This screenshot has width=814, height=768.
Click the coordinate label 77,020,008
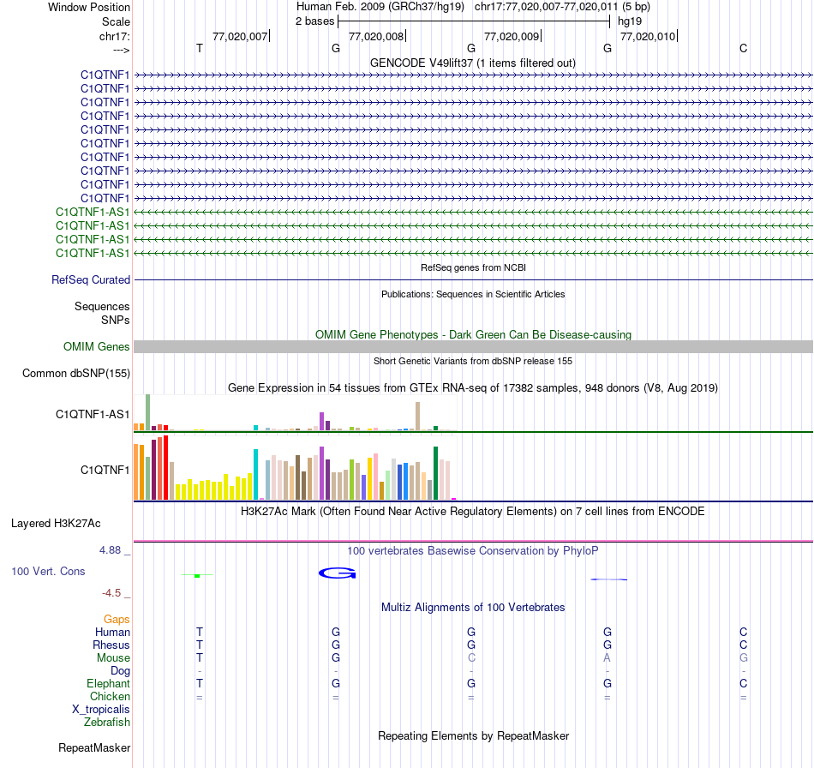(375, 36)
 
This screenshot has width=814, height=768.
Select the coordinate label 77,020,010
(647, 36)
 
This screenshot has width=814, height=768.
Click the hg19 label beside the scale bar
(629, 21)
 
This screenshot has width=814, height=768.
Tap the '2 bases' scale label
(314, 21)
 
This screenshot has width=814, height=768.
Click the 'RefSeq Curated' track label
(91, 279)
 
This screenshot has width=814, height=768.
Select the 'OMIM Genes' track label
(97, 347)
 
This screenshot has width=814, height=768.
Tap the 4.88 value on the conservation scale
(114, 549)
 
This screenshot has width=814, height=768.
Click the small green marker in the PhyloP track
(197, 575)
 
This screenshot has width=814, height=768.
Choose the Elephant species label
(108, 684)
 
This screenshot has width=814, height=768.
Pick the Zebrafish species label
(107, 723)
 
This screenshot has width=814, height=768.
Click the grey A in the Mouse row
(607, 657)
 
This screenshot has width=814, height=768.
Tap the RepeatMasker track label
(94, 748)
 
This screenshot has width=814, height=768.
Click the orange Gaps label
(117, 619)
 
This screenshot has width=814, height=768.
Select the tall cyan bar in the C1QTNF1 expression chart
(255, 474)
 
